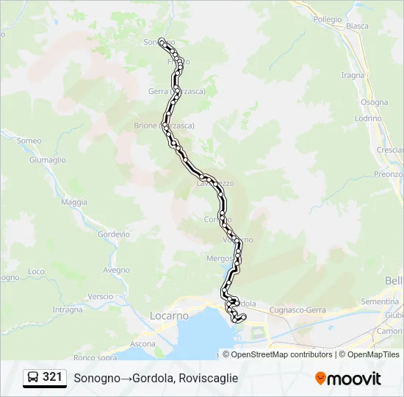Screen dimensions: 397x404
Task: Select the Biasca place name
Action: point(357,26)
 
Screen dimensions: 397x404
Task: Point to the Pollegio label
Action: point(327,19)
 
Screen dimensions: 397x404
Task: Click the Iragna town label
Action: point(353,75)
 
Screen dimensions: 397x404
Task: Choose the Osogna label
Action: point(374,102)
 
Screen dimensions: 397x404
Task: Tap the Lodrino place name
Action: point(368,118)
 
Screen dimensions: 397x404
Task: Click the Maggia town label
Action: point(74,202)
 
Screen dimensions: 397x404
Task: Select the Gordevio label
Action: point(113,235)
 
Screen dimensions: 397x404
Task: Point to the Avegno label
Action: point(116,270)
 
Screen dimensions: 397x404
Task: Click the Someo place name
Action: point(29,140)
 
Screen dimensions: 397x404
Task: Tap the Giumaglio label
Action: point(48,160)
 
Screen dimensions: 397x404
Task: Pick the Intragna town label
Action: point(68,310)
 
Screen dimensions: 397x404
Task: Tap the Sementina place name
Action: point(380,301)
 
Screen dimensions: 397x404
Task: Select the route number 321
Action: point(52,377)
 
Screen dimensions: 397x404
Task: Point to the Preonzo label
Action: point(388,174)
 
